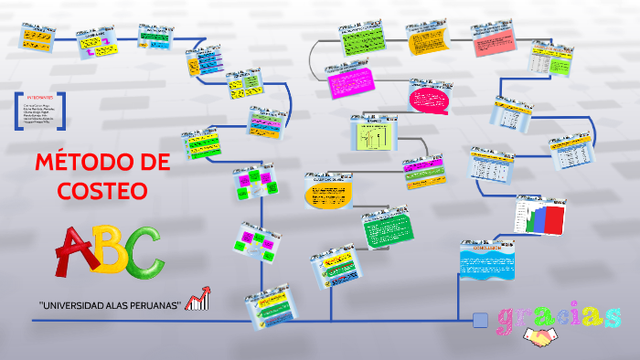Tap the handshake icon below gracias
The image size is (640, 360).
point(547,338)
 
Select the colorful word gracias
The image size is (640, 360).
point(560,316)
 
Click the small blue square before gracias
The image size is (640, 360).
point(480,320)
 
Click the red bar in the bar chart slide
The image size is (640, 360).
point(555,219)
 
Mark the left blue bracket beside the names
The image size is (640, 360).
point(17,111)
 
